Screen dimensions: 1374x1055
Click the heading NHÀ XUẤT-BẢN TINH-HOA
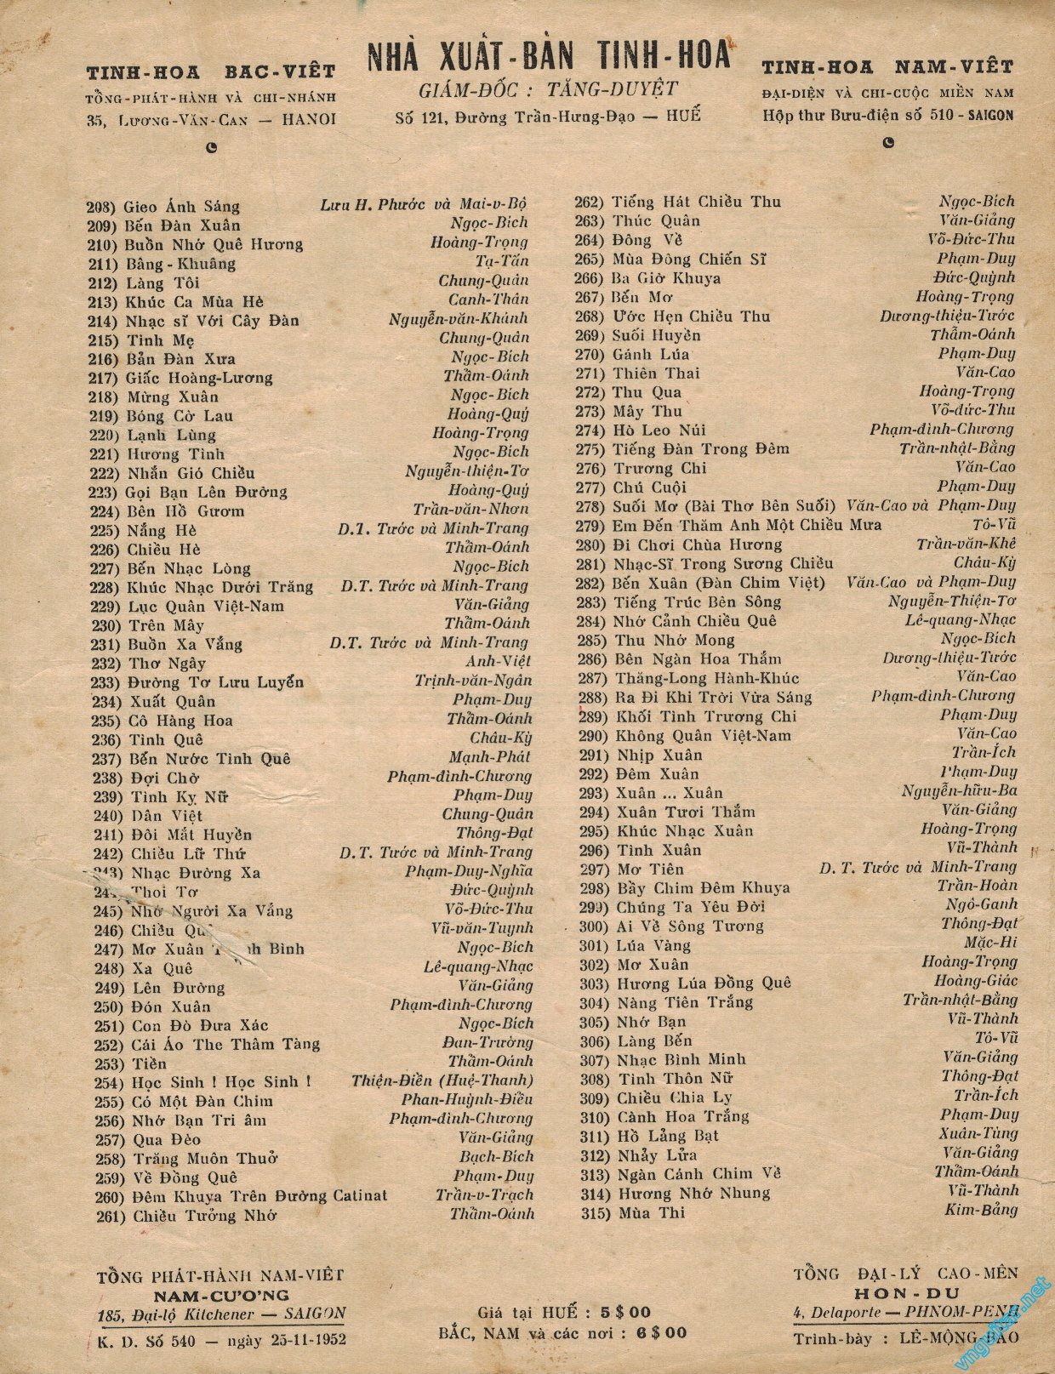coord(549,56)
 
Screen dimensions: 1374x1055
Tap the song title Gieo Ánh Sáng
coord(181,206)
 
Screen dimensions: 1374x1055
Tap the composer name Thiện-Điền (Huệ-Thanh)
coord(442,1080)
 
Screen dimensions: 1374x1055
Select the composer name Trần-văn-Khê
coord(966,544)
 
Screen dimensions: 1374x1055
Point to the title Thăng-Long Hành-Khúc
coord(705,678)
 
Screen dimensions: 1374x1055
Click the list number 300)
coord(591,926)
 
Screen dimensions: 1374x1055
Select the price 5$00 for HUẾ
coord(625,1312)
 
